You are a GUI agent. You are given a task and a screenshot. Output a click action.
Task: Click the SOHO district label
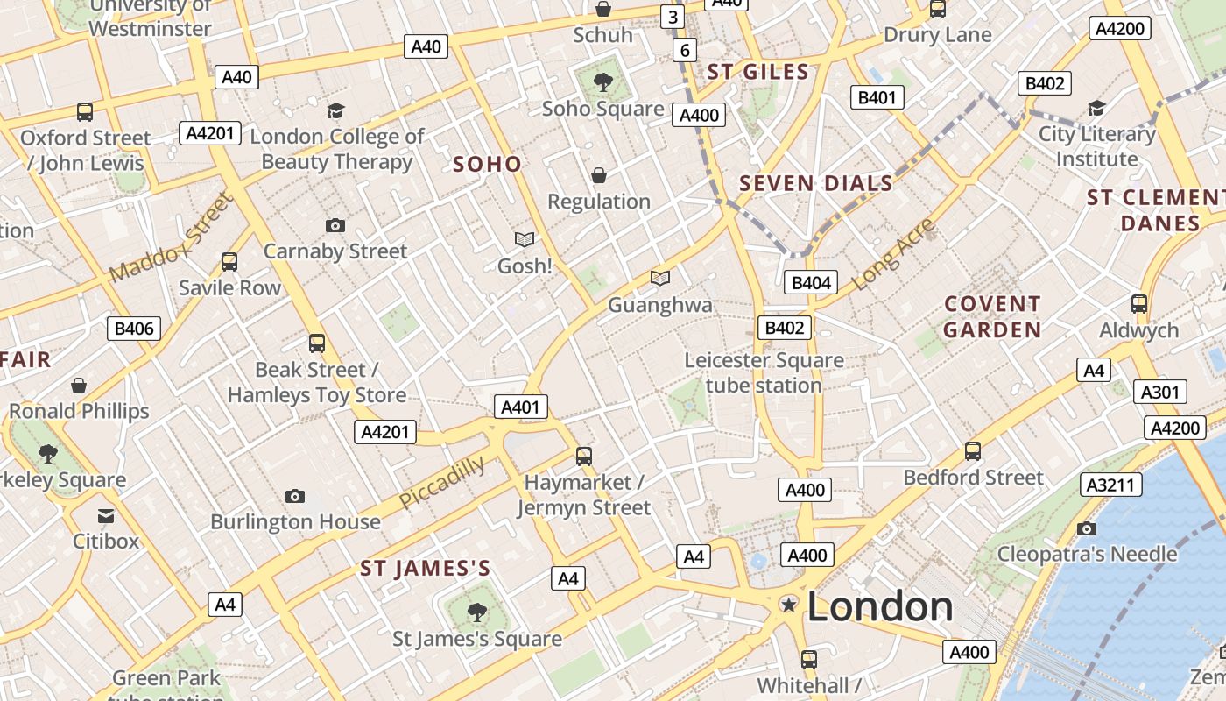[x=487, y=164]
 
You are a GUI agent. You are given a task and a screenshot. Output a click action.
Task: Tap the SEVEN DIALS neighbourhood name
[x=816, y=184]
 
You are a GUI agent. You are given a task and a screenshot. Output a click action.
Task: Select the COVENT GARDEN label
[x=992, y=317]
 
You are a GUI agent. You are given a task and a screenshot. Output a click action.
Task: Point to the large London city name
[x=880, y=606]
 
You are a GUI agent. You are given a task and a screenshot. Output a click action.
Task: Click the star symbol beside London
[x=789, y=604]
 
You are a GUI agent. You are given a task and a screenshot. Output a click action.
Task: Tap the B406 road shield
[x=134, y=329]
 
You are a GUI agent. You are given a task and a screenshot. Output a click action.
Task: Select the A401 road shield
[x=521, y=407]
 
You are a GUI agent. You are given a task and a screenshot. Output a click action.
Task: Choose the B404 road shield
[x=812, y=282]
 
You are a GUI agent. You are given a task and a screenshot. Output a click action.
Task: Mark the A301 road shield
[x=1159, y=392]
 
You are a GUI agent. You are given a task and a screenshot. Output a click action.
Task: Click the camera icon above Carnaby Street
[x=335, y=226]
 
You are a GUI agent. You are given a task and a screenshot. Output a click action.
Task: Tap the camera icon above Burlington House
[x=295, y=497]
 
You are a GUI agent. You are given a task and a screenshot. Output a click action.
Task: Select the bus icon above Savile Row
[x=229, y=262]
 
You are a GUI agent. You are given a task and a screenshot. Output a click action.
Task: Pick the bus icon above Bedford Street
[x=973, y=451]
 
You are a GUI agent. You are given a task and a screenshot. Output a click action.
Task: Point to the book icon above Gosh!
[x=525, y=239]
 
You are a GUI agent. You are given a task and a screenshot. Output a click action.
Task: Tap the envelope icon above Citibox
[x=106, y=515]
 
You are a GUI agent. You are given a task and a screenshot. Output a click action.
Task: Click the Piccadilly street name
[x=441, y=481]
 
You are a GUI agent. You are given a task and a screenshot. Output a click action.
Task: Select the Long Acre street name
[x=893, y=255]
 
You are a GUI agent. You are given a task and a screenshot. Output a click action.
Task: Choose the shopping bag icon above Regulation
[x=599, y=176]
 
